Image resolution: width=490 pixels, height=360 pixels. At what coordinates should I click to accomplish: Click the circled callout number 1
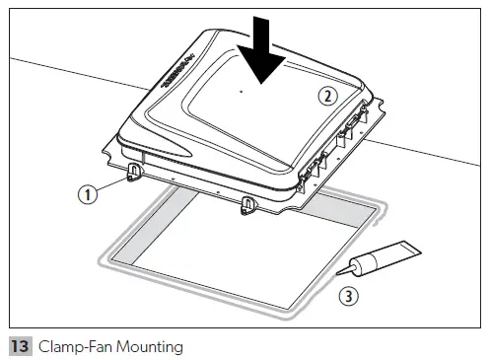point(89,194)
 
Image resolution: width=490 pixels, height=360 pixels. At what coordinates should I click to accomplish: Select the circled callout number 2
point(328,96)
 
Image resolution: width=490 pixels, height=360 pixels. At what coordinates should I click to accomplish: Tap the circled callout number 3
point(347,295)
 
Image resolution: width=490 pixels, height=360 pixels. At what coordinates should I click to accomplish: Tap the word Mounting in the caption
point(147,346)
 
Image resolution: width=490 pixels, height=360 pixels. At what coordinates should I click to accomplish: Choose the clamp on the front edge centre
point(246,204)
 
